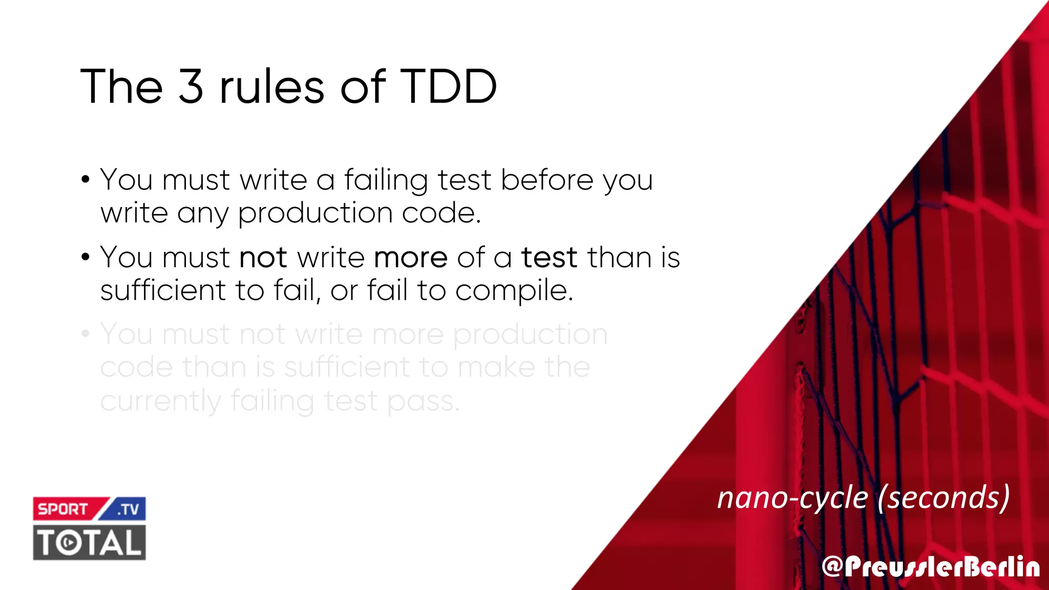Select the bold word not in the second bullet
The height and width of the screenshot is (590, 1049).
click(263, 257)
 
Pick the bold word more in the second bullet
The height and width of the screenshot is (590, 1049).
click(411, 257)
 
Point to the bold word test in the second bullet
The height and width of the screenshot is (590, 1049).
click(549, 257)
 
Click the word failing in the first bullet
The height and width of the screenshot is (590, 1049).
click(385, 180)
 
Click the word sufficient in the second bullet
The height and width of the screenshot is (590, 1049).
click(163, 290)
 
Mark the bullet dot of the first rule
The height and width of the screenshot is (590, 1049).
click(86, 180)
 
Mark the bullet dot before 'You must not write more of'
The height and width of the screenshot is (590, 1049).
click(86, 257)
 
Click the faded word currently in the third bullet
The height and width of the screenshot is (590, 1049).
click(160, 401)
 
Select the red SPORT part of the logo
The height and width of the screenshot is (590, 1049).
click(63, 509)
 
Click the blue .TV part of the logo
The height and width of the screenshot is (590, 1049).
click(128, 509)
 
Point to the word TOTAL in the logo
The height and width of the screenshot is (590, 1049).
click(89, 542)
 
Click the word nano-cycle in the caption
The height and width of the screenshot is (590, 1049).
click(792, 498)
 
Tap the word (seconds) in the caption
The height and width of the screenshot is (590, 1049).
click(943, 498)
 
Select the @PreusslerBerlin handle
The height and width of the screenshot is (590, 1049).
click(931, 567)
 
